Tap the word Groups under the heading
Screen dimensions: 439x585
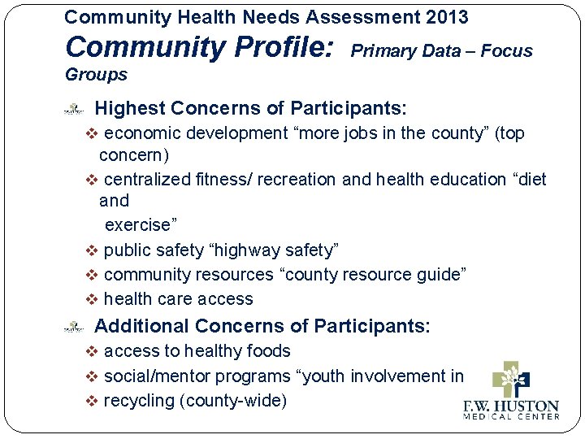96,75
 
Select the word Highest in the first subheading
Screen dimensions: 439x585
130,108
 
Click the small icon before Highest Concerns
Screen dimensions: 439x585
74,108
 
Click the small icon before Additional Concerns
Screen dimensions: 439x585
74,327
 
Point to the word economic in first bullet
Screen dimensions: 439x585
141,133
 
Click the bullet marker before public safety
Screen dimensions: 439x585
92,249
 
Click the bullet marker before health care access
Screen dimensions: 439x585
92,299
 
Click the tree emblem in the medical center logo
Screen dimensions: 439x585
511,379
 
